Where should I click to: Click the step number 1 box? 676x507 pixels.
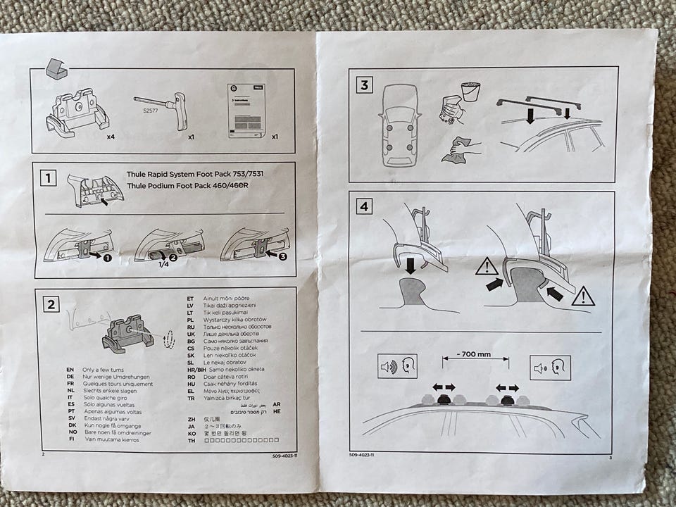tap(47, 178)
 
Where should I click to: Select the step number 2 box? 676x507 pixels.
tap(51, 304)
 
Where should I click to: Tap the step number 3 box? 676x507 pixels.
tap(363, 86)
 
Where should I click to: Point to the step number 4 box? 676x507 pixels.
tap(363, 208)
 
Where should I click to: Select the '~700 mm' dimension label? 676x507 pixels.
tap(475, 354)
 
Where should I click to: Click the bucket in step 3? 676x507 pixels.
tap(470, 92)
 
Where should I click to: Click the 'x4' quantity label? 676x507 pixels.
tap(111, 137)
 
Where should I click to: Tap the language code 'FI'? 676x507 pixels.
tap(70, 439)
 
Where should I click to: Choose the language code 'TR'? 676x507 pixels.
tap(189, 398)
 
